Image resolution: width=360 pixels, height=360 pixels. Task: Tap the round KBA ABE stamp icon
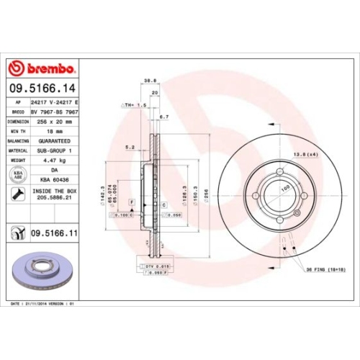pos(16,175)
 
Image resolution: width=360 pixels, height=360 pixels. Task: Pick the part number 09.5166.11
pos(54,234)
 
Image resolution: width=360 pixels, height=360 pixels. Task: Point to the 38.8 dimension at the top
pos(150,81)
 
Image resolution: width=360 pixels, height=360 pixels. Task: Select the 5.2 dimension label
pos(130,147)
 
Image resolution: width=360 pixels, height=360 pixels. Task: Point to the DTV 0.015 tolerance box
pos(155,267)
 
